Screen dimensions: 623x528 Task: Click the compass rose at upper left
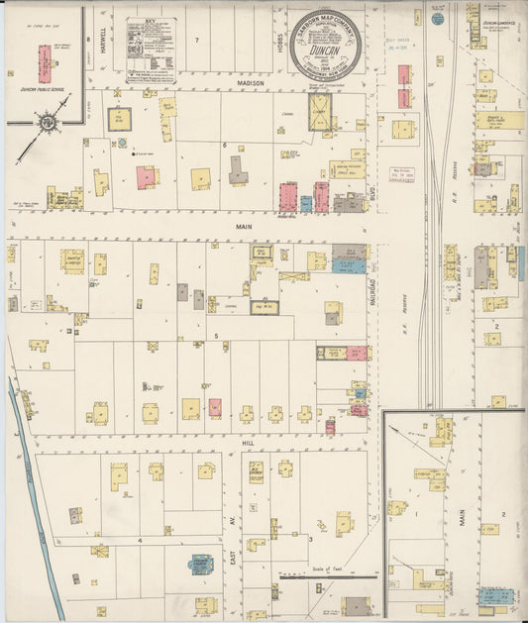pyautogui.click(x=46, y=123)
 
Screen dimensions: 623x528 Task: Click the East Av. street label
pyautogui.click(x=234, y=561)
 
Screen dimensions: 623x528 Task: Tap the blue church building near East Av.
pyautogui.click(x=201, y=565)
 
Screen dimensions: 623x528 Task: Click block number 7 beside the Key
pyautogui.click(x=196, y=40)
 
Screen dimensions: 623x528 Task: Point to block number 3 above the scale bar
pyautogui.click(x=310, y=540)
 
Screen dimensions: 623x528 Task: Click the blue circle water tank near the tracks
pyautogui.click(x=437, y=18)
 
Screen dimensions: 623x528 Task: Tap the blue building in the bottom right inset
pyautogui.click(x=495, y=596)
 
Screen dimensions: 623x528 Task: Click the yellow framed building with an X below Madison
pyautogui.click(x=121, y=117)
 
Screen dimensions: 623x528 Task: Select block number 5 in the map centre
pyautogui.click(x=216, y=337)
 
